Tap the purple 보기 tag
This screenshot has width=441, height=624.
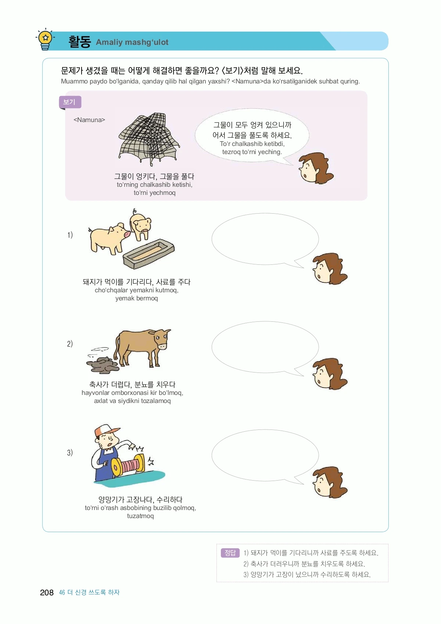[x=70, y=102]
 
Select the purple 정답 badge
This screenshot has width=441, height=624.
[x=230, y=553]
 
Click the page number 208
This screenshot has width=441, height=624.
[x=47, y=592]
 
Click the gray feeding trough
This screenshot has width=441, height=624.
[x=149, y=254]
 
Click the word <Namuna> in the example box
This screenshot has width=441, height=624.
[x=89, y=120]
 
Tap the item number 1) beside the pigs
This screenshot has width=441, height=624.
[x=70, y=235]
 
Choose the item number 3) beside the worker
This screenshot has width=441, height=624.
[x=70, y=452]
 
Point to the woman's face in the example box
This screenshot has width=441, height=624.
[x=315, y=168]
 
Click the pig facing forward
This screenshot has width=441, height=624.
[x=141, y=225]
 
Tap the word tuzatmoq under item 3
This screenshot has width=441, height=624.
[x=140, y=516]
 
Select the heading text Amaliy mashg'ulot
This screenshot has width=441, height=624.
[x=132, y=42]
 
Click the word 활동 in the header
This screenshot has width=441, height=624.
[x=79, y=42]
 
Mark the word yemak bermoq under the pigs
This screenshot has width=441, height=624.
[x=136, y=298]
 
